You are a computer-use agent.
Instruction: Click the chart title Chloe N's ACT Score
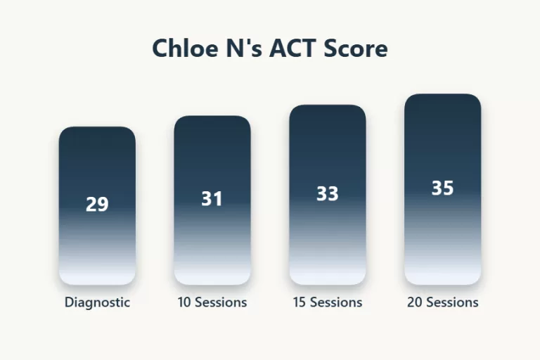pyautogui.click(x=270, y=49)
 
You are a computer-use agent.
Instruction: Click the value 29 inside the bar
pyautogui.click(x=97, y=205)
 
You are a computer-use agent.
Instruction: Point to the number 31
pyautogui.click(x=212, y=199)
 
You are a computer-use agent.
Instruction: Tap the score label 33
pyautogui.click(x=327, y=193)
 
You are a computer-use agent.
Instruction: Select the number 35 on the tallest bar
pyautogui.click(x=442, y=188)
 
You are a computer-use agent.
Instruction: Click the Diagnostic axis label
pyautogui.click(x=97, y=302)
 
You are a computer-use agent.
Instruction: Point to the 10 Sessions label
pyautogui.click(x=212, y=302)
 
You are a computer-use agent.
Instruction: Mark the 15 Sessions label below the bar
pyautogui.click(x=328, y=302)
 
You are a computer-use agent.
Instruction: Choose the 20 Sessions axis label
pyautogui.click(x=443, y=302)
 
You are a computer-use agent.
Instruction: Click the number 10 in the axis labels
pyautogui.click(x=184, y=302)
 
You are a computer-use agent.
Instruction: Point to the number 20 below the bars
pyautogui.click(x=415, y=302)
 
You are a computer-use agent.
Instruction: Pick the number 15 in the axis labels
pyautogui.click(x=300, y=302)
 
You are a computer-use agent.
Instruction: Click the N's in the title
pyautogui.click(x=243, y=49)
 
